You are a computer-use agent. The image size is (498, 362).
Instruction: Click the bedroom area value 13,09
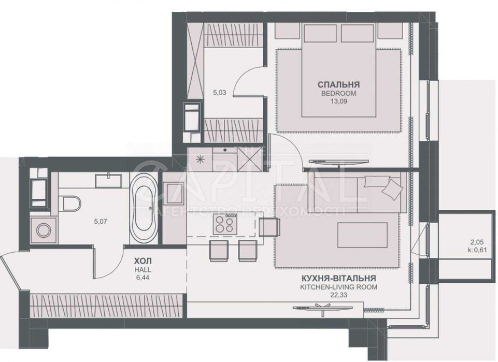[339, 102]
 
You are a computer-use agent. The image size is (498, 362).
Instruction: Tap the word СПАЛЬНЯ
[339, 84]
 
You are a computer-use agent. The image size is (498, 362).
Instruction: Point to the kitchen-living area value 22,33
[338, 295]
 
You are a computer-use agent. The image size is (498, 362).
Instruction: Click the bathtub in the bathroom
[141, 210]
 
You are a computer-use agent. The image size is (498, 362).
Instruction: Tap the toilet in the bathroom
[69, 202]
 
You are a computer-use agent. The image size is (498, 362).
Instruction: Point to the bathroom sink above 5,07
[108, 181]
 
